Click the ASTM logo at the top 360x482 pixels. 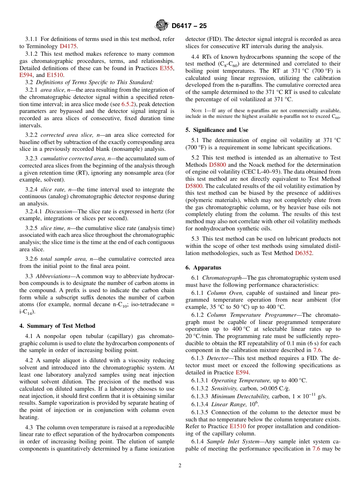[162, 26]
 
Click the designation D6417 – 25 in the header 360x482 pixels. [189, 26]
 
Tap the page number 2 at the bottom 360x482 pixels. [180, 466]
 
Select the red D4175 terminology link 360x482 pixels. [68, 46]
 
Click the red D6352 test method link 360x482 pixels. [304, 253]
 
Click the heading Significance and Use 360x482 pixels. [217, 130]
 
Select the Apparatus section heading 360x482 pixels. [203, 268]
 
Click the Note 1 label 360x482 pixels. [199, 111]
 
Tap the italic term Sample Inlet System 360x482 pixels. [230, 441]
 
